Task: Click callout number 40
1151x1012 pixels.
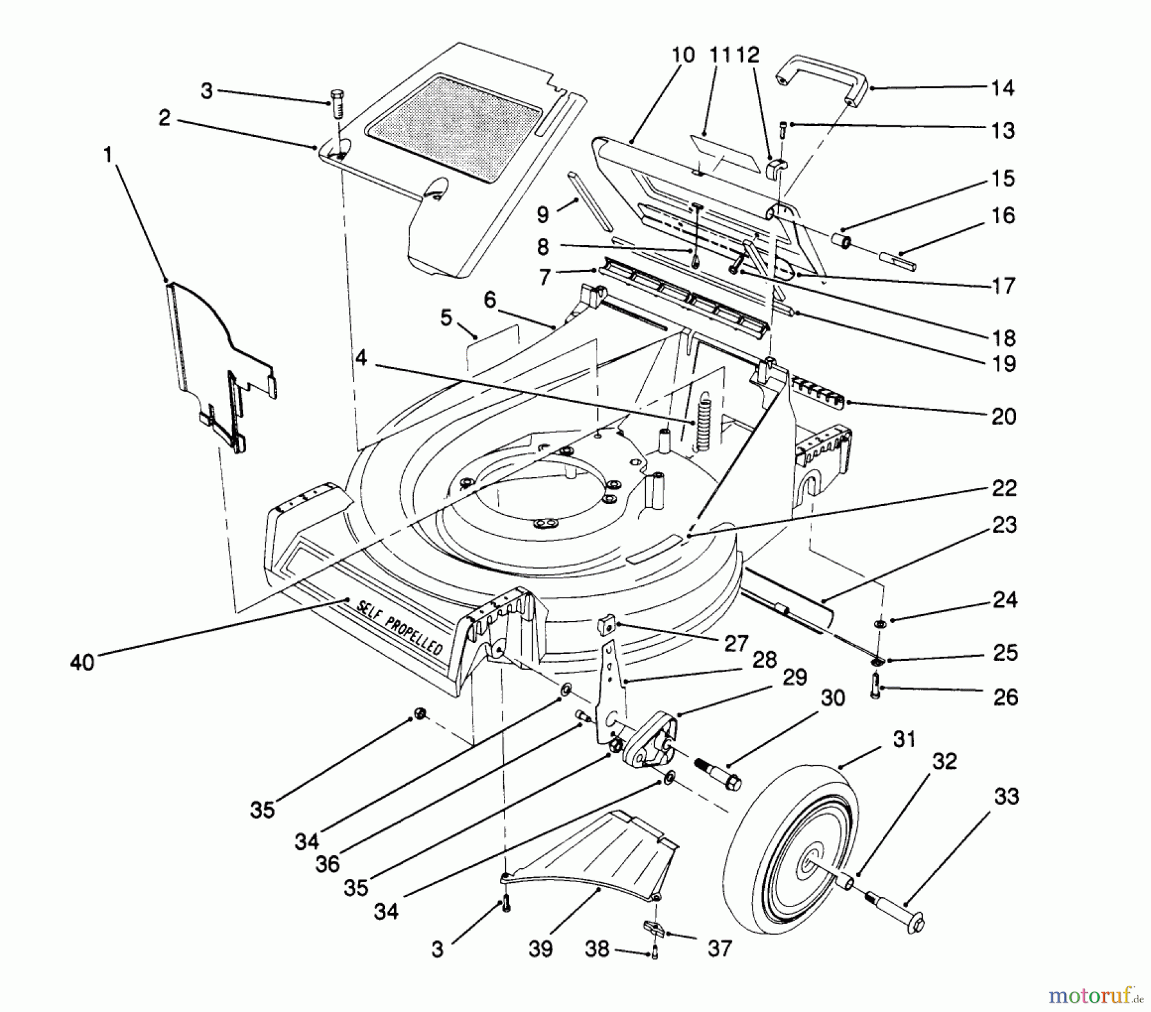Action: point(82,662)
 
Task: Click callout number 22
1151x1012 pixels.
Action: point(1003,488)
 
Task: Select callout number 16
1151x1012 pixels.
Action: point(1003,216)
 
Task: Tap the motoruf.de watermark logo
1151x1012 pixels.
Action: point(1095,995)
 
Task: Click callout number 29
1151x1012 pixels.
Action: point(795,677)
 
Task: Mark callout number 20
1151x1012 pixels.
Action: point(1003,416)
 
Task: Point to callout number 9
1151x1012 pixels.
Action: point(543,215)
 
